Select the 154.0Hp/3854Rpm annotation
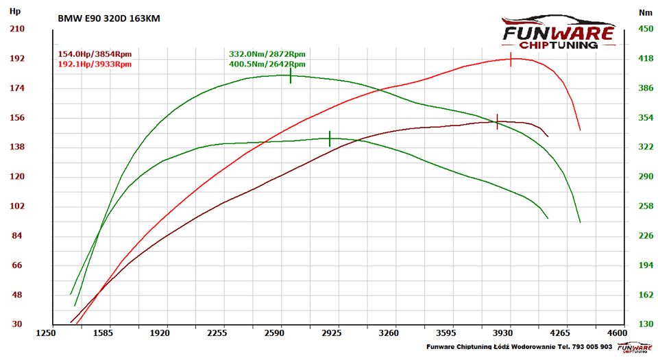pyautogui.click(x=95, y=53)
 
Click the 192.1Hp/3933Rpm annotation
pyautogui.click(x=95, y=64)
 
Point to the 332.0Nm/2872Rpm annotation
pyautogui.click(x=267, y=53)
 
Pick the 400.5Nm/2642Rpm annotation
pyautogui.click(x=267, y=64)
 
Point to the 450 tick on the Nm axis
pyautogui.click(x=645, y=29)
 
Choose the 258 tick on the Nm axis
pyautogui.click(x=645, y=206)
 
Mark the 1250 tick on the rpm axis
pyautogui.click(x=46, y=333)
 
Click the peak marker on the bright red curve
pyautogui.click(x=511, y=59)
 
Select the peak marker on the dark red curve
pyautogui.click(x=498, y=121)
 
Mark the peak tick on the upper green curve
pyautogui.click(x=291, y=75)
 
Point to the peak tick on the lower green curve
pyautogui.click(x=330, y=139)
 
